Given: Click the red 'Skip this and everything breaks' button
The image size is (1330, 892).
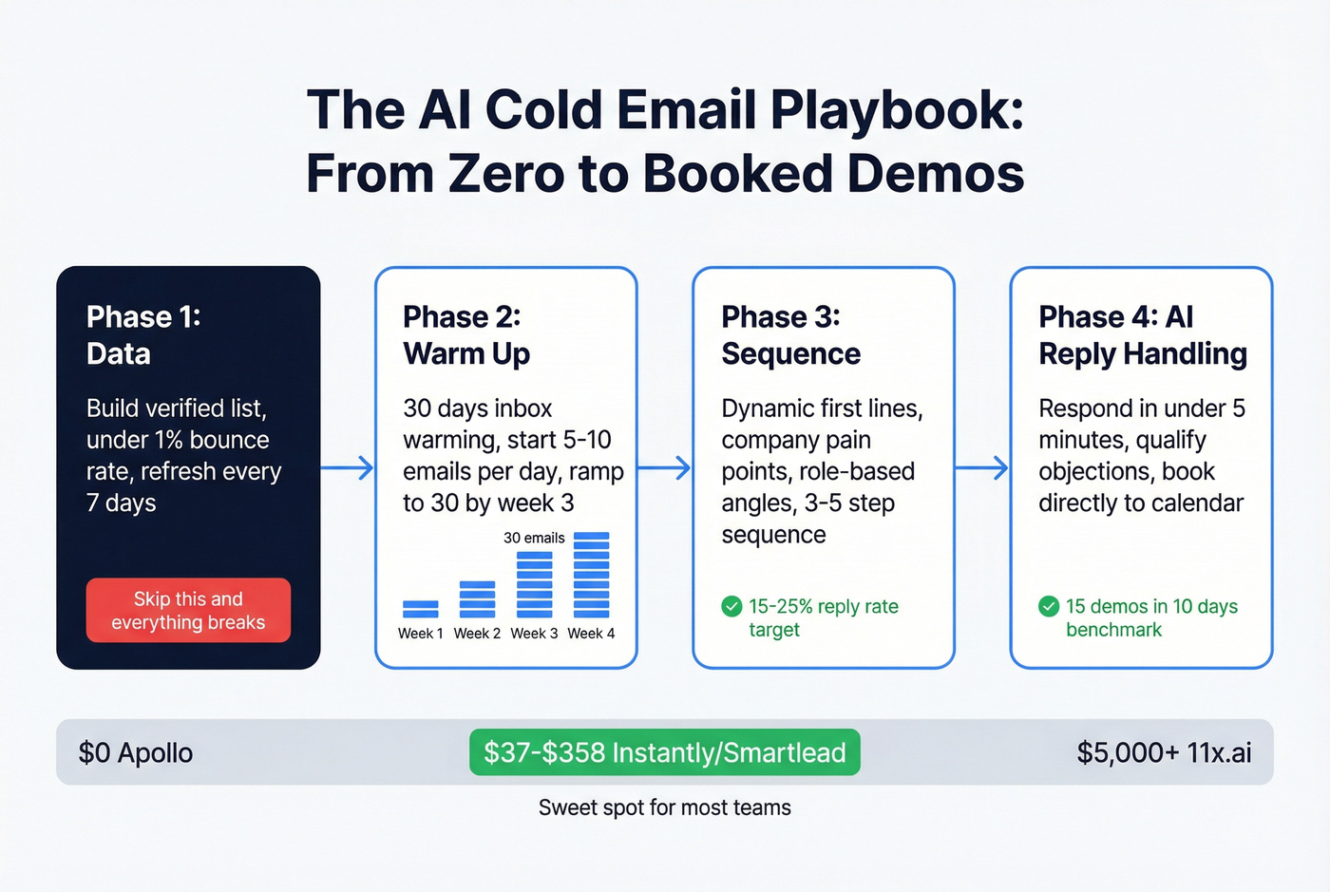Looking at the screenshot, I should (188, 610).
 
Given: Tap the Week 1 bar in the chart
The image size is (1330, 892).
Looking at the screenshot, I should (421, 609).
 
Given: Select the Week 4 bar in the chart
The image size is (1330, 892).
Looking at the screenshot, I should (591, 575).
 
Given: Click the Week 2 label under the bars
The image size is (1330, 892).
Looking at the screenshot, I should (477, 634).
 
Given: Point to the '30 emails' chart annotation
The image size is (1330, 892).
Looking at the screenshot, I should (534, 538).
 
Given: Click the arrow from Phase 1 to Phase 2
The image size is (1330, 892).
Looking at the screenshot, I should (347, 467).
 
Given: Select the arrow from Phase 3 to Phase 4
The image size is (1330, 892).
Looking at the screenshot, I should (981, 467).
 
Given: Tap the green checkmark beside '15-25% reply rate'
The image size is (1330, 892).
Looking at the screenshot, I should (731, 606).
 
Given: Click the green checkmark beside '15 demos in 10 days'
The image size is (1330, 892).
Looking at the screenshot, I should (1049, 606).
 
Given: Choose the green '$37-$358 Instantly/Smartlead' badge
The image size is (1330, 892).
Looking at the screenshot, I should (664, 752).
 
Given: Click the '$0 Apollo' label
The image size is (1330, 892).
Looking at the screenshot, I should (136, 753).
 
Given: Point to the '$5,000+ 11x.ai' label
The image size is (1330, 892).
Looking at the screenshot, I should (1164, 753).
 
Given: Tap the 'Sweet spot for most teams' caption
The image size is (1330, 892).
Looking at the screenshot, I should (664, 807).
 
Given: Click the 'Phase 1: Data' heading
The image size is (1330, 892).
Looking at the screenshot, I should (142, 334).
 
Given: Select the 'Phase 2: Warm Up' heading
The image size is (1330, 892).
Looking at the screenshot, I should (465, 334).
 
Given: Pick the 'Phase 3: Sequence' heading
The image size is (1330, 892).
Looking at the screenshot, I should (790, 334).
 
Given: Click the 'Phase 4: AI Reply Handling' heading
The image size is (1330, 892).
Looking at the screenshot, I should (1142, 334).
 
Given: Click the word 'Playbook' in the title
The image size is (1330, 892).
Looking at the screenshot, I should (896, 110).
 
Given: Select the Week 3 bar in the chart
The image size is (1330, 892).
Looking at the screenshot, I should (534, 584).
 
